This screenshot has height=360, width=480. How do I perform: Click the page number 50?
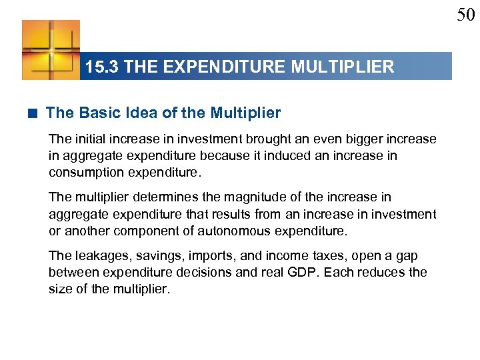[x=465, y=15]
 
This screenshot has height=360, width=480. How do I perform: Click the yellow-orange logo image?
[x=51, y=50]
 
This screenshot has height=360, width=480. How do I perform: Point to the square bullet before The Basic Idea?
[x=33, y=113]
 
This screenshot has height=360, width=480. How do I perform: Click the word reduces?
[x=380, y=273]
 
